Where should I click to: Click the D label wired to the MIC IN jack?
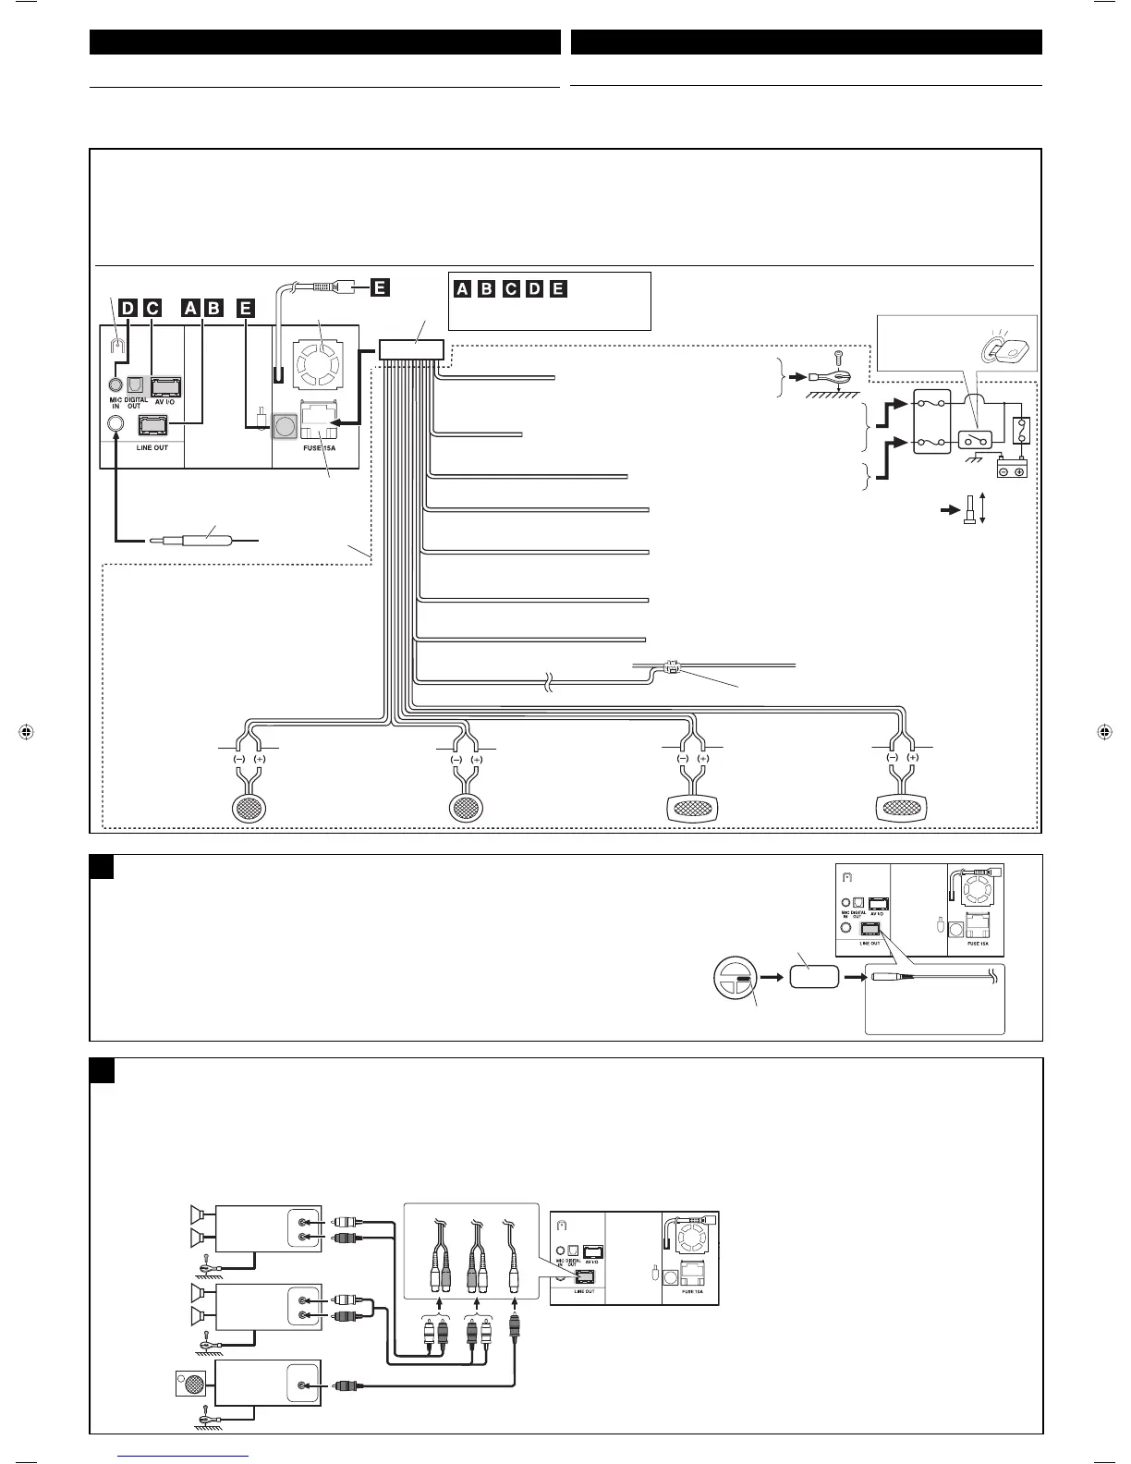click(128, 308)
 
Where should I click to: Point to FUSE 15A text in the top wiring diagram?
click(319, 447)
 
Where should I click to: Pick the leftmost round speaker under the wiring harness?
click(249, 807)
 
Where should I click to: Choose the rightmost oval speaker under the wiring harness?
click(902, 807)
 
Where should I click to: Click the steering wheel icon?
click(734, 980)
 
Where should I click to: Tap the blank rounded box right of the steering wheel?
click(814, 979)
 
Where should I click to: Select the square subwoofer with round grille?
click(191, 1385)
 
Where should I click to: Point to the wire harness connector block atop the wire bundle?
click(411, 349)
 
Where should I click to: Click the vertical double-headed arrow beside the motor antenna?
click(982, 508)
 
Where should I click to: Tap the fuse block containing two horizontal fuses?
click(931, 421)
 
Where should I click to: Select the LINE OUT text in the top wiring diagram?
click(152, 447)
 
